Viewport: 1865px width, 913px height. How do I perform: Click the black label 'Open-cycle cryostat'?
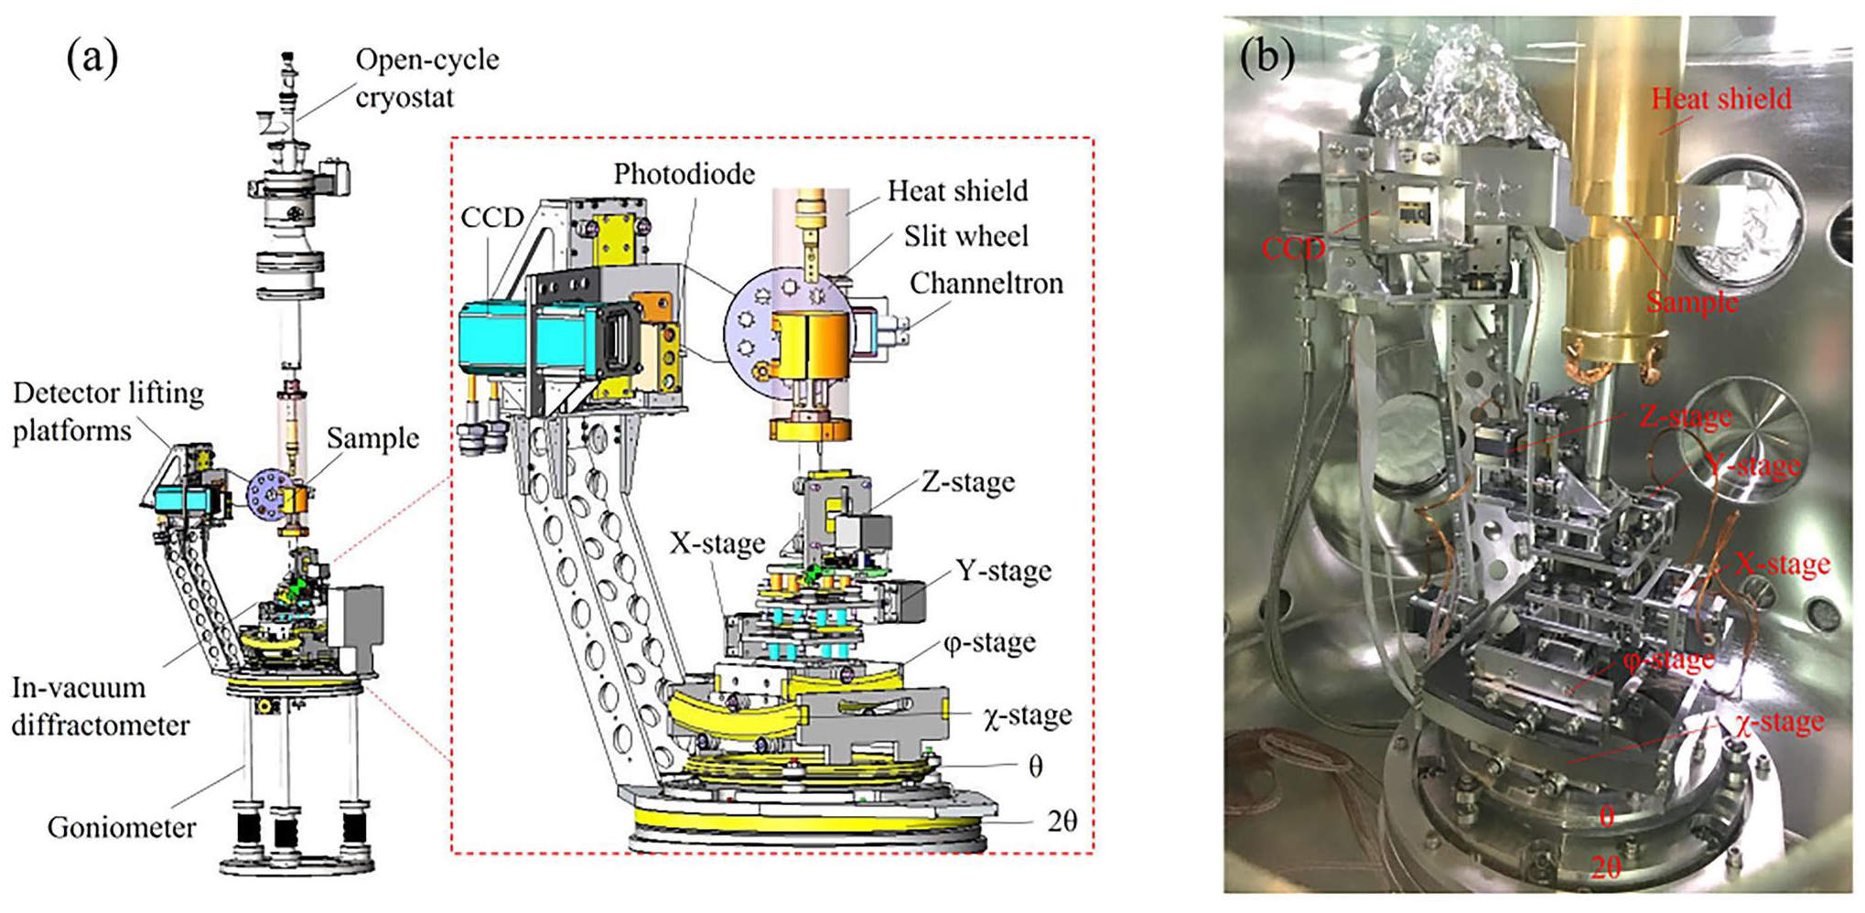pos(426,78)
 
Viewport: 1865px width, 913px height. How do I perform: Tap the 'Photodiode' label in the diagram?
pos(684,174)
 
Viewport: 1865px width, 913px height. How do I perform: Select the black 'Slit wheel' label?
pos(965,236)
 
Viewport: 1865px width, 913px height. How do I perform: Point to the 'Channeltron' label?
pos(986,284)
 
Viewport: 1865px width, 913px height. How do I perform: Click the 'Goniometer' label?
pos(121,828)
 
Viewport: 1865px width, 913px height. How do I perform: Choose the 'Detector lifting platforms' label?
pos(108,412)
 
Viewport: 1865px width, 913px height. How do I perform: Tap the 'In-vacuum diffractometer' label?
pos(100,706)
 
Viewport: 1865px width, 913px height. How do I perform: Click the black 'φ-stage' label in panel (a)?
pos(989,642)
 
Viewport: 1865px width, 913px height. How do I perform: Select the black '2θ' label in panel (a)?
pos(1062,822)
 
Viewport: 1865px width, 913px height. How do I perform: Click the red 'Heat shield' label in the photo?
pos(1720,99)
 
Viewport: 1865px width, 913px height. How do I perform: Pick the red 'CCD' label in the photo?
pos(1292,248)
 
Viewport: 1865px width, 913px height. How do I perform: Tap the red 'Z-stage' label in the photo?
pos(1685,417)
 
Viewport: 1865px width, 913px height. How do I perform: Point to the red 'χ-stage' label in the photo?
pos(1779,723)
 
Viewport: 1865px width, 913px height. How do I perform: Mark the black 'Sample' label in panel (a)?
pos(372,438)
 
